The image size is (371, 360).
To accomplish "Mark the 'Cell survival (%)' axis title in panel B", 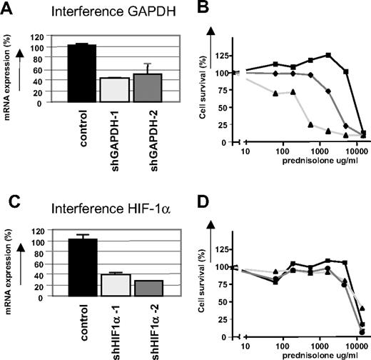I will [x=208, y=97].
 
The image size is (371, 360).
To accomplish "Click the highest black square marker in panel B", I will [x=328, y=55].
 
